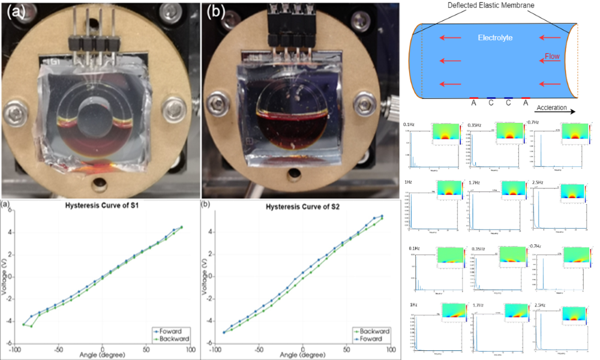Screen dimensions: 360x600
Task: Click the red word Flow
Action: [553, 58]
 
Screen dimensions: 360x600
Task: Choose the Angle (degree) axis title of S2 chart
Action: [302, 355]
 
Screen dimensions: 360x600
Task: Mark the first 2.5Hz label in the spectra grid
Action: [537, 181]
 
